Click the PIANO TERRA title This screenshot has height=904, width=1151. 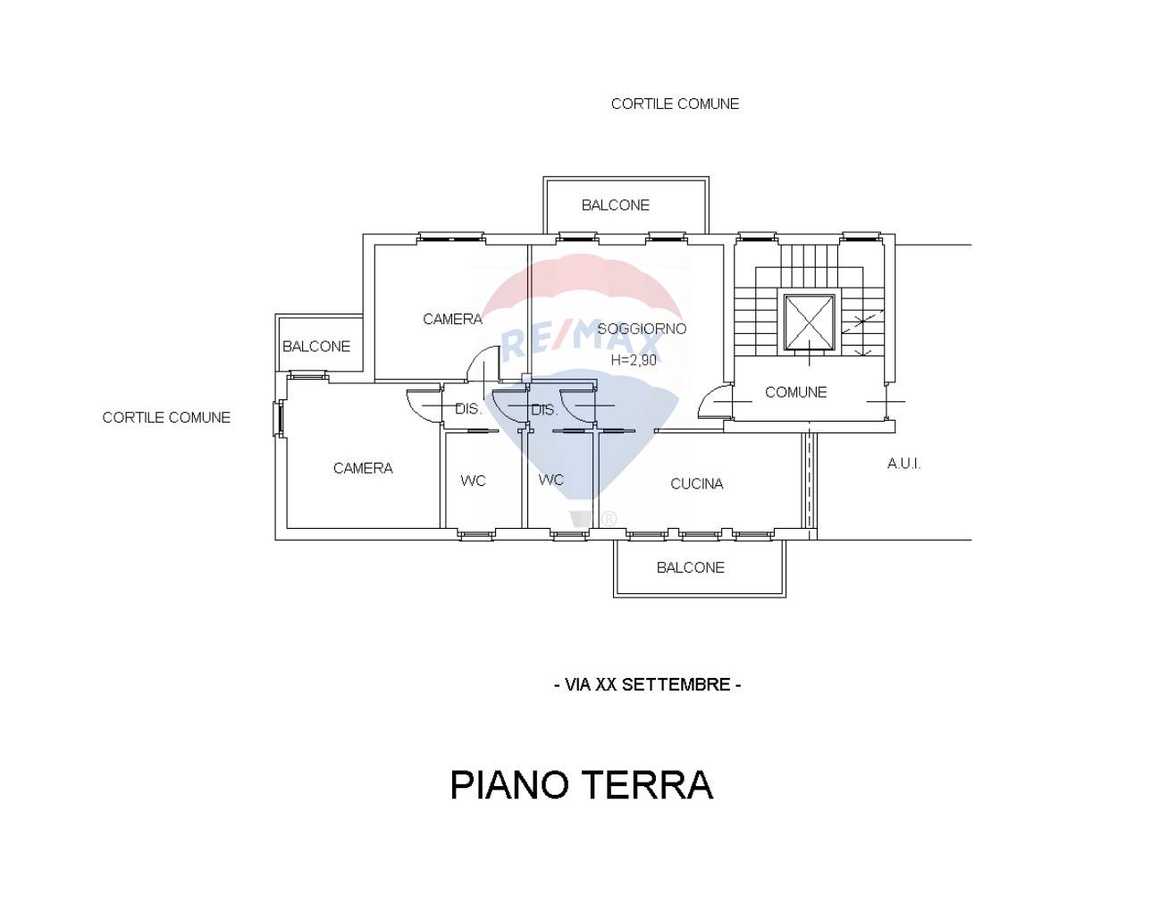click(581, 785)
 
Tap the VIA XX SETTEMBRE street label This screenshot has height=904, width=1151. click(648, 685)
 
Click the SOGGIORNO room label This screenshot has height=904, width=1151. click(642, 329)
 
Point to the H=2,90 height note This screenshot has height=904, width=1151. click(634, 360)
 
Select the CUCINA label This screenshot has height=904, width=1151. click(696, 484)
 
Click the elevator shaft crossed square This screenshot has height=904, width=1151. click(810, 322)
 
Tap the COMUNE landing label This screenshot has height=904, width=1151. click(795, 392)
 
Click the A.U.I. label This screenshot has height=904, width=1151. click(903, 464)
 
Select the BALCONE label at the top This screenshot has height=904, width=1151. click(615, 205)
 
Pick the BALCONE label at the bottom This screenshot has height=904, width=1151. click(690, 568)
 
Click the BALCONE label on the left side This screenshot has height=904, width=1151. click(316, 347)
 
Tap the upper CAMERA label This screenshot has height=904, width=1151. click(452, 319)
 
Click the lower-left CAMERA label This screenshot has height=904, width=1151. click(363, 468)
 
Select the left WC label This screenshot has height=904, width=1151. click(473, 481)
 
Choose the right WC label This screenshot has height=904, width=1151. click(550, 481)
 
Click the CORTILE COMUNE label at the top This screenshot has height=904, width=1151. click(675, 104)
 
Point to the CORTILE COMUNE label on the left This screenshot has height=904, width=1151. click(166, 417)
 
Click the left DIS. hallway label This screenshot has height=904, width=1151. click(468, 409)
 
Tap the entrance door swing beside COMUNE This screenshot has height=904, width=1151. click(715, 403)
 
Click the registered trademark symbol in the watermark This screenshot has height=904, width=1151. click(609, 518)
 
